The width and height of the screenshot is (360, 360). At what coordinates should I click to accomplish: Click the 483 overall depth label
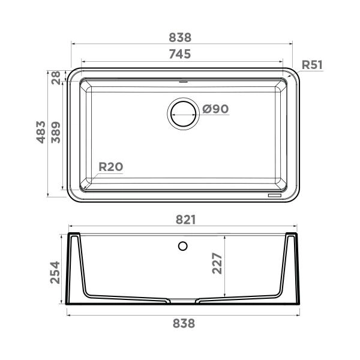[41, 133]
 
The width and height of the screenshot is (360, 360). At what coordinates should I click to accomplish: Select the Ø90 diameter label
[215, 109]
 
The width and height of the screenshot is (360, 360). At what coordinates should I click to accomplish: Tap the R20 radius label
[110, 167]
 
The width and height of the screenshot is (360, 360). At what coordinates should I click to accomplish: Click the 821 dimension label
[185, 220]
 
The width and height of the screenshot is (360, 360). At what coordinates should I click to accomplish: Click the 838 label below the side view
[184, 323]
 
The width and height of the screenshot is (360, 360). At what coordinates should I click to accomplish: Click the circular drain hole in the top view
[182, 112]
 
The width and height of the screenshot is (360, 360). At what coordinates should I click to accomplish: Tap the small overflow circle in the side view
[183, 245]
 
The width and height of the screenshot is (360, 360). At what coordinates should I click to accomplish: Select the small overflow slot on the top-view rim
[183, 79]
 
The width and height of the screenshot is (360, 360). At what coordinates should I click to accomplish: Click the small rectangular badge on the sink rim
[275, 196]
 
